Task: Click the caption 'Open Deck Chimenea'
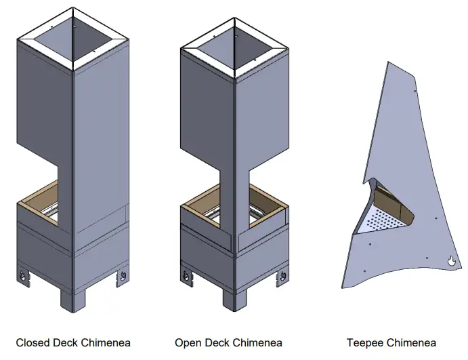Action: (228, 342)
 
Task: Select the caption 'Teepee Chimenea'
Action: (391, 342)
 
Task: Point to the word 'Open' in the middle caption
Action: (188, 342)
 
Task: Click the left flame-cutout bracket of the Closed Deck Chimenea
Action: (24, 277)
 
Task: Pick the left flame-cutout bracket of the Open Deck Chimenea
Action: (186, 277)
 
